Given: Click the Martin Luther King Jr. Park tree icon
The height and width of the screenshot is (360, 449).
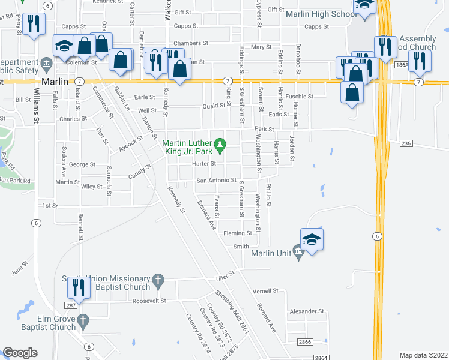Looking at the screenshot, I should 220,144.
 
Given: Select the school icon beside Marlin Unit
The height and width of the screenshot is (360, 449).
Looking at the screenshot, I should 312,239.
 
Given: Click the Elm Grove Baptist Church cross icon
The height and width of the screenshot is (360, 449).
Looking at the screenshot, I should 83,320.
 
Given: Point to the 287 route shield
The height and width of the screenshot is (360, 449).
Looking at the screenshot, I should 70,305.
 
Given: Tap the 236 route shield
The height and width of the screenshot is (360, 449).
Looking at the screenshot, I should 406,143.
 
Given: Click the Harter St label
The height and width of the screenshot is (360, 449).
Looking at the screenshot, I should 203,164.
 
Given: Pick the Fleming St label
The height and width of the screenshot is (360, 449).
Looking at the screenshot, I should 237,233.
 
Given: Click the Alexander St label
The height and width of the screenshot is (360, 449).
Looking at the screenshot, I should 306,311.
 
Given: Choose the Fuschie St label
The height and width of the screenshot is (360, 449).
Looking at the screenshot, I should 300,96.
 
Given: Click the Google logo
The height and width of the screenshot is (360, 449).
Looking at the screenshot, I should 20,353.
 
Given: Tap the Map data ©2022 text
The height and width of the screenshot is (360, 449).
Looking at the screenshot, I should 423,355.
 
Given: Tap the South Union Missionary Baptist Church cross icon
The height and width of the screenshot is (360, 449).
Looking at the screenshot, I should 158,280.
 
